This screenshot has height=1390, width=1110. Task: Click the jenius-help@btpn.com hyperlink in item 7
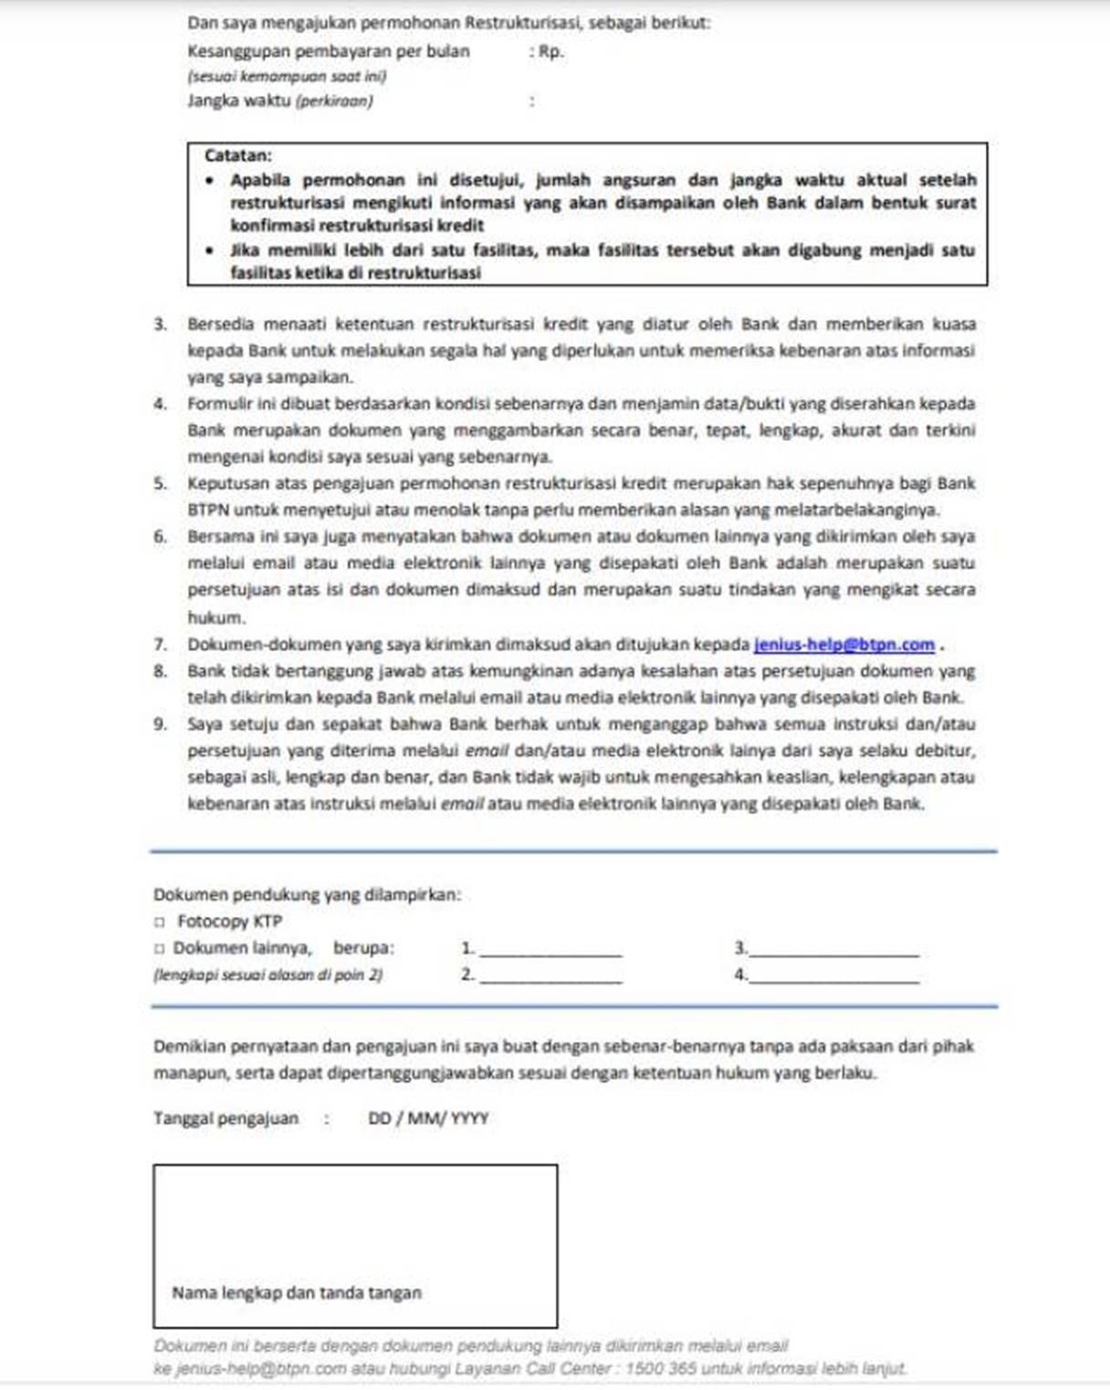coord(844,645)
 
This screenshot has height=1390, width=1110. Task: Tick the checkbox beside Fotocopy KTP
coord(160,922)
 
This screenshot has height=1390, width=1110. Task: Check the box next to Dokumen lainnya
coord(160,949)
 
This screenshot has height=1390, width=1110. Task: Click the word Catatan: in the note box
coord(238,156)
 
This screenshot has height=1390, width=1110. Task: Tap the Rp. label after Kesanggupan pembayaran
coord(551,52)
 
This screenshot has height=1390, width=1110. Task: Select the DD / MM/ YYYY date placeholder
coord(428,1119)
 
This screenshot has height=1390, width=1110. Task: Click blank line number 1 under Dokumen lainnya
coord(550,950)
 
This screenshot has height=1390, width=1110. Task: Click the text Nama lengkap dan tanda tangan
coord(297,1293)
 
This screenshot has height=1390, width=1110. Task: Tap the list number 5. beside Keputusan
coord(161,484)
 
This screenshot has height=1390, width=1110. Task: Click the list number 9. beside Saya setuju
coord(161,725)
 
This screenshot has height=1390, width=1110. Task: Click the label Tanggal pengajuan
coord(225,1119)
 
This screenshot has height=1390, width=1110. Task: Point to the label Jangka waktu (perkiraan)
coord(280,101)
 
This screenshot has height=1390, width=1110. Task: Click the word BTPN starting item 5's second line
coord(208,511)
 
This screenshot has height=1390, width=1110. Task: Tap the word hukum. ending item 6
coord(216,618)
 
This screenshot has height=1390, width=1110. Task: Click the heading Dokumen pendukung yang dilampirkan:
coord(307,896)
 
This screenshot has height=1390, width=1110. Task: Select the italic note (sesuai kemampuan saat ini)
coord(287,78)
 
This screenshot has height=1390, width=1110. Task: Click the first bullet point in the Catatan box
coord(211,181)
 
